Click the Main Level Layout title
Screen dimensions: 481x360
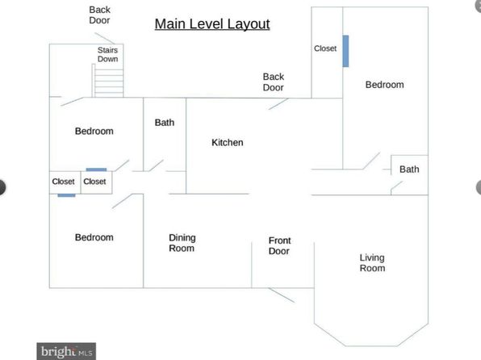tap(212, 24)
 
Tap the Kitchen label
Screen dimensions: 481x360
tap(228, 142)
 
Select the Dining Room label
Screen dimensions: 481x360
tap(182, 243)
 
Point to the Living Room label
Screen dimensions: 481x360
tap(372, 262)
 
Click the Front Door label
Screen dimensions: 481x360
tap(279, 245)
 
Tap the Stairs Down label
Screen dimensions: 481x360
tap(107, 54)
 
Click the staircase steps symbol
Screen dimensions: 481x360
tap(107, 81)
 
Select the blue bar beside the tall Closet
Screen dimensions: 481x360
tap(345, 51)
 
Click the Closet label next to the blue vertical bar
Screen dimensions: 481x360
tap(325, 48)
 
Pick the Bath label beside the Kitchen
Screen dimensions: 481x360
tap(165, 123)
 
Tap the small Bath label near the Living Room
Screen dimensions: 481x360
tap(409, 170)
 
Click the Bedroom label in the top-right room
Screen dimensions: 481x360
tap(385, 85)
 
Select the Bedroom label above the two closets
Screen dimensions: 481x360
tap(94, 131)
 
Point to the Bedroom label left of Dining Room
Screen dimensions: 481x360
tap(94, 237)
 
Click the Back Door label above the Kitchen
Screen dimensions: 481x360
tap(274, 82)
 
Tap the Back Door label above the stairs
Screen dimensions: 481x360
tap(100, 15)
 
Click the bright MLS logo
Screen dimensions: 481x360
tap(66, 351)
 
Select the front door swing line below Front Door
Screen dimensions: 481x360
tap(282, 295)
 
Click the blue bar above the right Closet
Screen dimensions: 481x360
tap(96, 170)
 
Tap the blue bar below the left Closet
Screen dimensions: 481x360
tap(66, 195)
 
